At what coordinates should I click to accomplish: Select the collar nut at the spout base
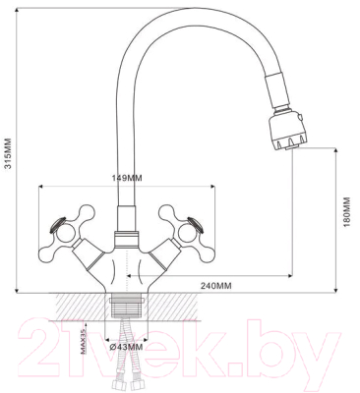point(126,239)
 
